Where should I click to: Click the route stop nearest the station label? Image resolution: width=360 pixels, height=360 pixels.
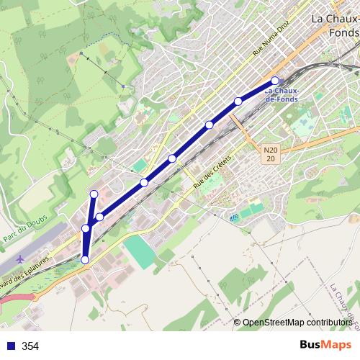pos(275,80)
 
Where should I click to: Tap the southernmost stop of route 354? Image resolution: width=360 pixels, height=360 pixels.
pos(85,260)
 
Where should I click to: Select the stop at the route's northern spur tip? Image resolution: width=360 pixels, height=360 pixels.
pos(94,194)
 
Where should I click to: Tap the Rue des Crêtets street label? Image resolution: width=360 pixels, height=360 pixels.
pos(215,171)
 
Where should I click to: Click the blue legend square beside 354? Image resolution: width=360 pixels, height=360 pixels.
pos(9,346)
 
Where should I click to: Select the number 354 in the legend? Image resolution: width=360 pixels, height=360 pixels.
pos(30,346)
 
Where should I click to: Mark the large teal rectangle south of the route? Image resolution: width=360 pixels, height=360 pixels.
pos(138,251)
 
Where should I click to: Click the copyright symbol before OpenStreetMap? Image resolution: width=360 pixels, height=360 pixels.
pos(237,323)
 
